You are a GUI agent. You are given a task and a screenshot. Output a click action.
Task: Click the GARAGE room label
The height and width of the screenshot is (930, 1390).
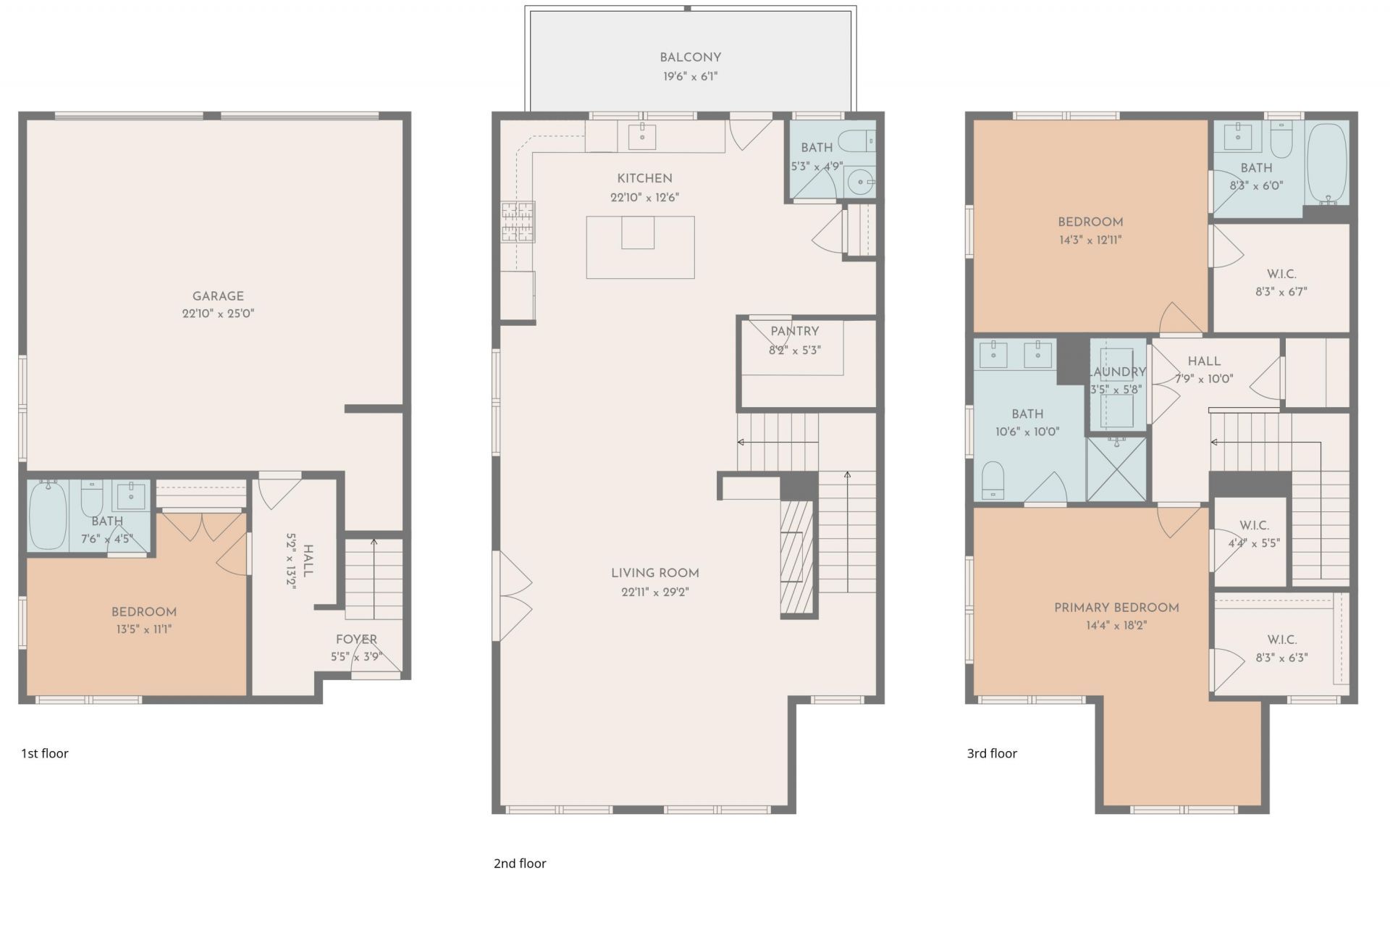[x=218, y=296]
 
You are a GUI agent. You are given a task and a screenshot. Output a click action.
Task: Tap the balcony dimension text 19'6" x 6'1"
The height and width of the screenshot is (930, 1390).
[x=690, y=76]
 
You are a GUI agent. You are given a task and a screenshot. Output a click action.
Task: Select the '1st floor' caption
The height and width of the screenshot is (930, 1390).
[x=45, y=753]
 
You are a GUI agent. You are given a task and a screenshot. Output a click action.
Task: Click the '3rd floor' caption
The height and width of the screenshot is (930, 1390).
[x=992, y=753]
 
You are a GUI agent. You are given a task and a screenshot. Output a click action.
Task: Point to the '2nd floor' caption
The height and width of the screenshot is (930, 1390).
[x=520, y=863]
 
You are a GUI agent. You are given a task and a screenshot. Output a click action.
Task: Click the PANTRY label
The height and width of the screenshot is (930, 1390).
[x=794, y=331]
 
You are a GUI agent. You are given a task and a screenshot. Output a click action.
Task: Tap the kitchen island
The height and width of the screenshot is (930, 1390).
[x=640, y=248]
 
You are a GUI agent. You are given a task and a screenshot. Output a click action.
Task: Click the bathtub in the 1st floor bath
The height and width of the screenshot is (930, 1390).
[x=48, y=515]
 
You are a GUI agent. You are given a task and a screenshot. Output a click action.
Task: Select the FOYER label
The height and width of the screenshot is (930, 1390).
[x=356, y=640]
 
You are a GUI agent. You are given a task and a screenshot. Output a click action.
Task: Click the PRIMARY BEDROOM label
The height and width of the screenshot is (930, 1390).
[x=1116, y=608]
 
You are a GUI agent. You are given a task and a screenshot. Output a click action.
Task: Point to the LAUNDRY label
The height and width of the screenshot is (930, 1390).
[x=1117, y=372]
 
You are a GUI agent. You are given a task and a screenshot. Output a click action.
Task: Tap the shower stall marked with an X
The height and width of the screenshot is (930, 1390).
[x=1116, y=469]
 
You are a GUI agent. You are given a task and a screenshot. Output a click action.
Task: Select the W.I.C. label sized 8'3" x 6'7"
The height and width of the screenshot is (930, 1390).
[x=1281, y=274]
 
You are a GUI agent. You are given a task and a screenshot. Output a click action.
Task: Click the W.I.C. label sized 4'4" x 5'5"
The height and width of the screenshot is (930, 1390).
[x=1254, y=525]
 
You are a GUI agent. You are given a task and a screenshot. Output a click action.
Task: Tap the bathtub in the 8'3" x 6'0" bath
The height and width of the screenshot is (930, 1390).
[x=1328, y=164]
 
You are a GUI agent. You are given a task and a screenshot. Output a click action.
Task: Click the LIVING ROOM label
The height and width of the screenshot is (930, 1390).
[x=654, y=573]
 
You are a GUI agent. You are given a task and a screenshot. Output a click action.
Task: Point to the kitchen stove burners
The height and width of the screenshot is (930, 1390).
[x=518, y=222]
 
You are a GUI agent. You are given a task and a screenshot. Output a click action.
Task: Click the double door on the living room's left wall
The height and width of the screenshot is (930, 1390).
[x=513, y=595]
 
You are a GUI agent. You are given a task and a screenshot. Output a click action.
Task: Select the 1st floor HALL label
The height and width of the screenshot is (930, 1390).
[x=308, y=561]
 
